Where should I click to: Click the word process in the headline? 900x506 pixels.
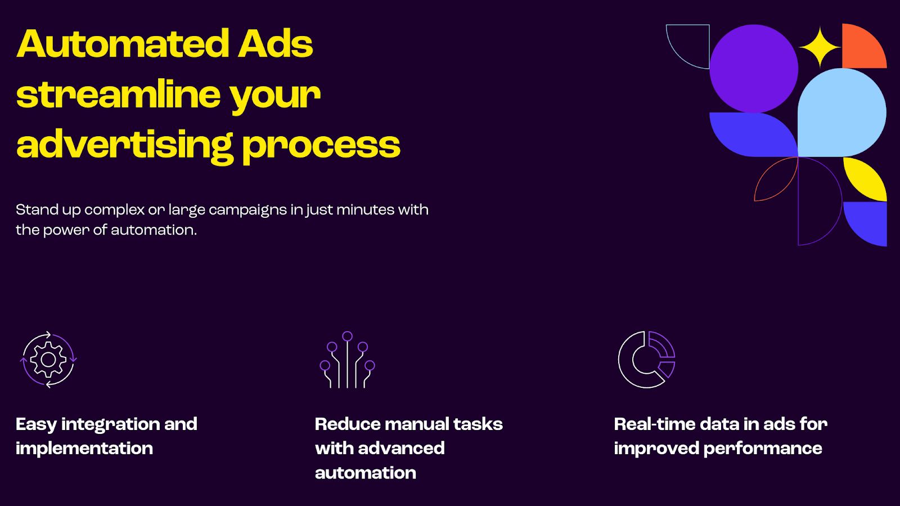click(x=321, y=146)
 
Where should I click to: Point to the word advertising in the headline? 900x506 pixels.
click(x=124, y=146)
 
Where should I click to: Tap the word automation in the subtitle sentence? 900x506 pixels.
click(x=154, y=230)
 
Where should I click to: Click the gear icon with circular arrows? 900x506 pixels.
click(x=48, y=360)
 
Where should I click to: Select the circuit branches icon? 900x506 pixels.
click(x=347, y=360)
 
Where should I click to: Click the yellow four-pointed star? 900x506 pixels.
click(x=820, y=47)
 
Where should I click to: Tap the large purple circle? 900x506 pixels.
click(x=754, y=68)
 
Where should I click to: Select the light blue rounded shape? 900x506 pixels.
click(x=841, y=113)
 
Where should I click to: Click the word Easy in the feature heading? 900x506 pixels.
click(x=36, y=424)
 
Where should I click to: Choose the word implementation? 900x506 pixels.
click(x=84, y=449)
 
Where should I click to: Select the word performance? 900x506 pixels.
click(x=763, y=449)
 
